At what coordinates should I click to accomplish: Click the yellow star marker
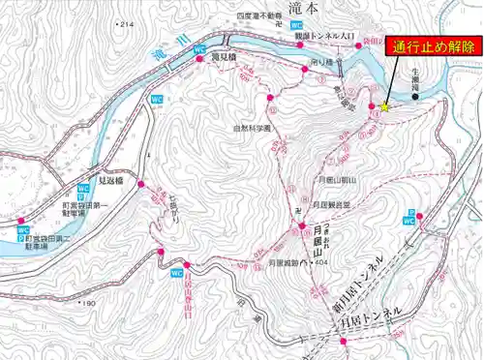tap(385, 107)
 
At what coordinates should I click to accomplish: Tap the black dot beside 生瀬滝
tap(416, 96)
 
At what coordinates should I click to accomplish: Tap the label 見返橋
tap(115, 180)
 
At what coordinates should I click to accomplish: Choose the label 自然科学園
tap(254, 128)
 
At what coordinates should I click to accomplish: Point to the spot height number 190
tap(90, 304)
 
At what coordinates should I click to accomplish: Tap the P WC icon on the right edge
tap(410, 217)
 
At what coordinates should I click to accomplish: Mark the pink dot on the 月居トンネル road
tap(343, 342)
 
